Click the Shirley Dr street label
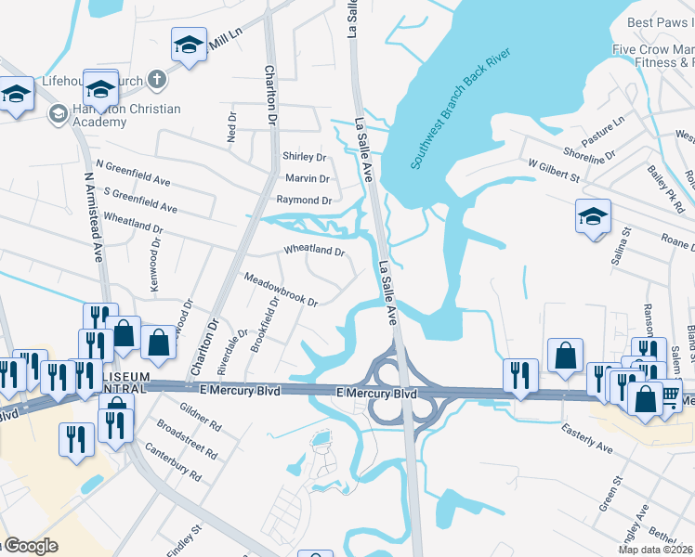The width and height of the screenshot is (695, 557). (x=305, y=157)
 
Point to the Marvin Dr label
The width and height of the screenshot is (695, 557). (x=308, y=178)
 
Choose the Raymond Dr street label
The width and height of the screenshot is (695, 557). (x=303, y=200)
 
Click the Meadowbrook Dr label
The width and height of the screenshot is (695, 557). (x=281, y=290)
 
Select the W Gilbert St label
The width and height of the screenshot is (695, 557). (x=554, y=170)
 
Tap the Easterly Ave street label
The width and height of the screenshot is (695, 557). (x=587, y=439)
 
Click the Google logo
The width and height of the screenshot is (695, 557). (x=30, y=546)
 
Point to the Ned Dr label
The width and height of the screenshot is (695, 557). (x=232, y=127)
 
